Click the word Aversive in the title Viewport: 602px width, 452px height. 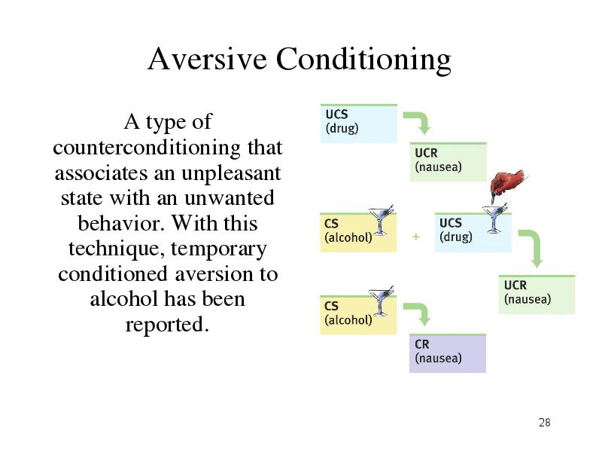tap(208, 59)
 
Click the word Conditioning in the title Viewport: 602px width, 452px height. tap(363, 60)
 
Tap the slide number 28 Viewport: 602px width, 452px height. tap(544, 423)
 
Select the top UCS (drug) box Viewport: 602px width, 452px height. tap(359, 124)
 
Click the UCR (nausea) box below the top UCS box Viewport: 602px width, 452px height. tap(448, 162)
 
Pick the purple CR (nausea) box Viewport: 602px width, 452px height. tap(448, 353)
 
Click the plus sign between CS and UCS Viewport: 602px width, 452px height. tap(416, 237)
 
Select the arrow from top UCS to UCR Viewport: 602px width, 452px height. tap(421, 120)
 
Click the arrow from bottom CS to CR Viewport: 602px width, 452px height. tap(421, 310)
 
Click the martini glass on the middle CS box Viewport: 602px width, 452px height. tap(380, 220)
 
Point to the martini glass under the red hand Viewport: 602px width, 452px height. tap(494, 219)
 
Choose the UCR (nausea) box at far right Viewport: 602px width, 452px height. tap(537, 295)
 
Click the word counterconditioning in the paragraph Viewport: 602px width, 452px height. tap(147, 147)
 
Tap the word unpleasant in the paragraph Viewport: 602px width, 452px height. tap(231, 174)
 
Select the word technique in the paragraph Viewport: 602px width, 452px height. tap(117, 249)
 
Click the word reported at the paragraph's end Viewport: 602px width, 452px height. tap(167, 325)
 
